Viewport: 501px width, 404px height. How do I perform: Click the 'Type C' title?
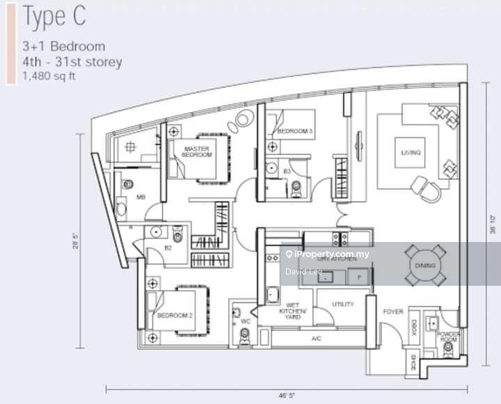[55, 17]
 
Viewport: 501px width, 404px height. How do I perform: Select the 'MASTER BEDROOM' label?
[197, 151]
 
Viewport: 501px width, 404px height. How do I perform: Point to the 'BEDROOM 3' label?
[295, 131]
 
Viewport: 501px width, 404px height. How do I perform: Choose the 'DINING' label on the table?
[424, 266]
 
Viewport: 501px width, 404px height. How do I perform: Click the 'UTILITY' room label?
[342, 304]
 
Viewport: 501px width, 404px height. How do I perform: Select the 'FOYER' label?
[393, 312]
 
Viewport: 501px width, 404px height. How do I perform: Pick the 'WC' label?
[245, 321]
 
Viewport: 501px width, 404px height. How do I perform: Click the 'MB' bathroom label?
[141, 197]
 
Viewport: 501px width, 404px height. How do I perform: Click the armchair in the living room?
[425, 186]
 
